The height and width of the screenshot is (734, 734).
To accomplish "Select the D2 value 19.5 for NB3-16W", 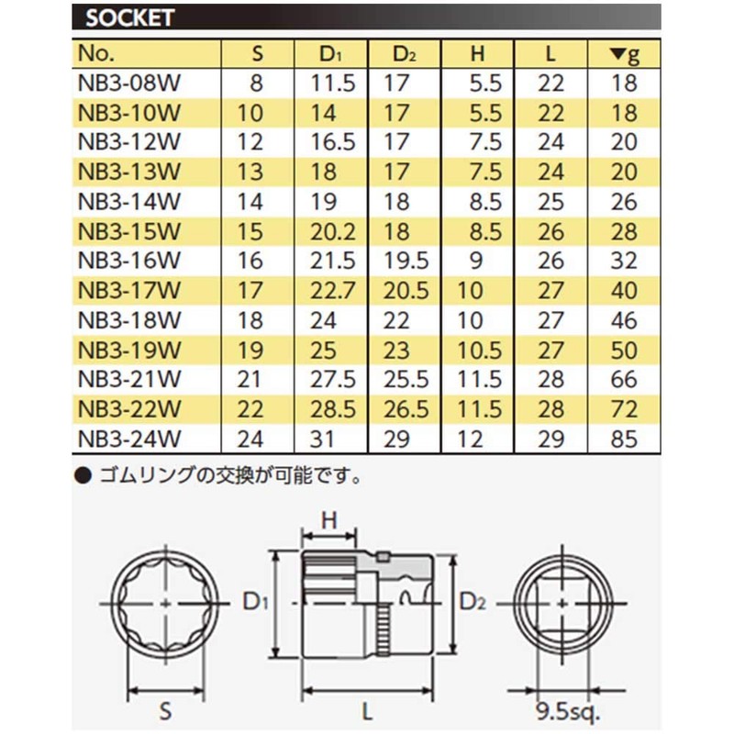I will click(x=405, y=261).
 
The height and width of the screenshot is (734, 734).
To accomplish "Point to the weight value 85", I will click(x=624, y=439).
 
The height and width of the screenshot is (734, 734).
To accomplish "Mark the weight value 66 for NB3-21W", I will click(x=624, y=380).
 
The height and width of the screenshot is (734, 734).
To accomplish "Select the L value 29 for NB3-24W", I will click(x=550, y=439).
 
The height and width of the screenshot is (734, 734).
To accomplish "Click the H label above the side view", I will click(x=330, y=520).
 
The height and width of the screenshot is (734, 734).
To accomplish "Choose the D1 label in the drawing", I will click(x=254, y=602).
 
